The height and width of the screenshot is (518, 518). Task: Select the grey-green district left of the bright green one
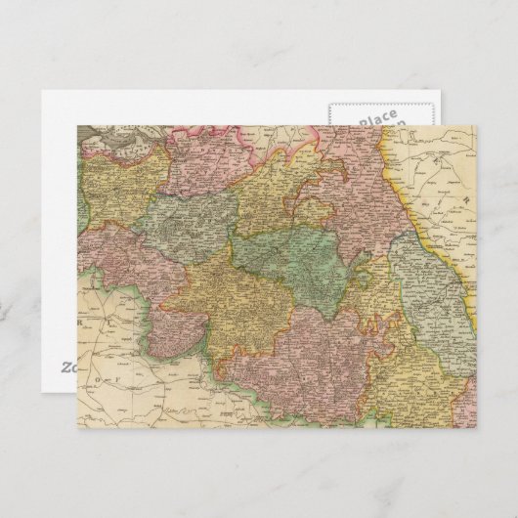pyautogui.click(x=186, y=223)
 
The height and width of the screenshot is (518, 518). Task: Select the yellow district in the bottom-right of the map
pyautogui.click(x=410, y=376)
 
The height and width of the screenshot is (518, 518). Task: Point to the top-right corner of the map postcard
pyautogui.click(x=475, y=125)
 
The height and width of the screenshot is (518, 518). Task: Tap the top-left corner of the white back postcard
pyautogui.click(x=43, y=91)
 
